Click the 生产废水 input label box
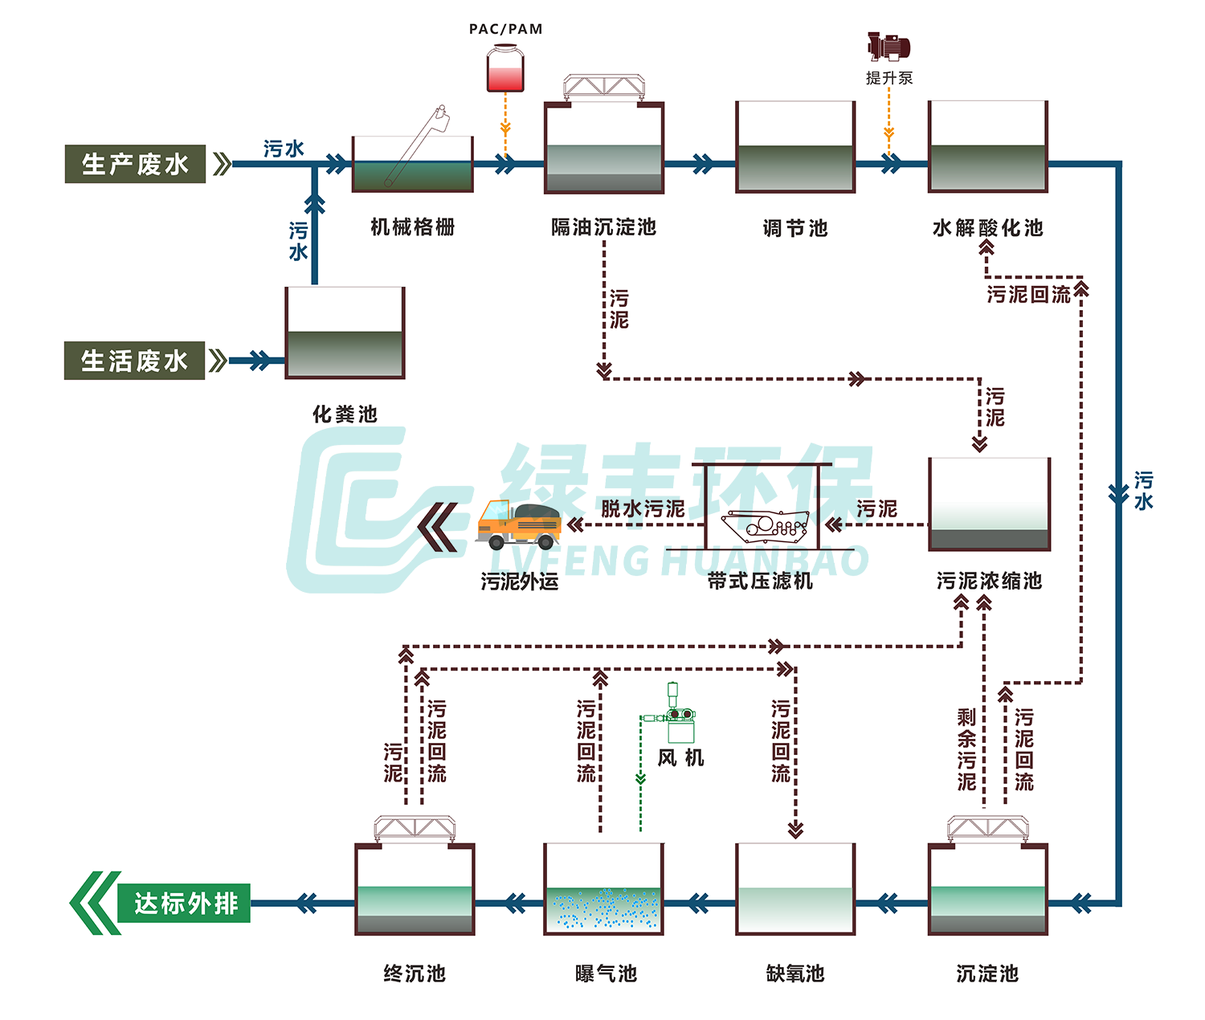point(135,164)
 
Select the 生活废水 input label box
point(134,361)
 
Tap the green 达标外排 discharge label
point(185,904)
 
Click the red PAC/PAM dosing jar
point(505,69)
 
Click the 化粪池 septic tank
point(345,333)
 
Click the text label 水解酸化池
point(987,228)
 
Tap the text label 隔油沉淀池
point(603,227)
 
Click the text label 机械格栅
point(413,227)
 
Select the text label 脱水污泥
point(643,508)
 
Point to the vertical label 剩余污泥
point(966,749)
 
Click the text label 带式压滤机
point(760,581)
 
